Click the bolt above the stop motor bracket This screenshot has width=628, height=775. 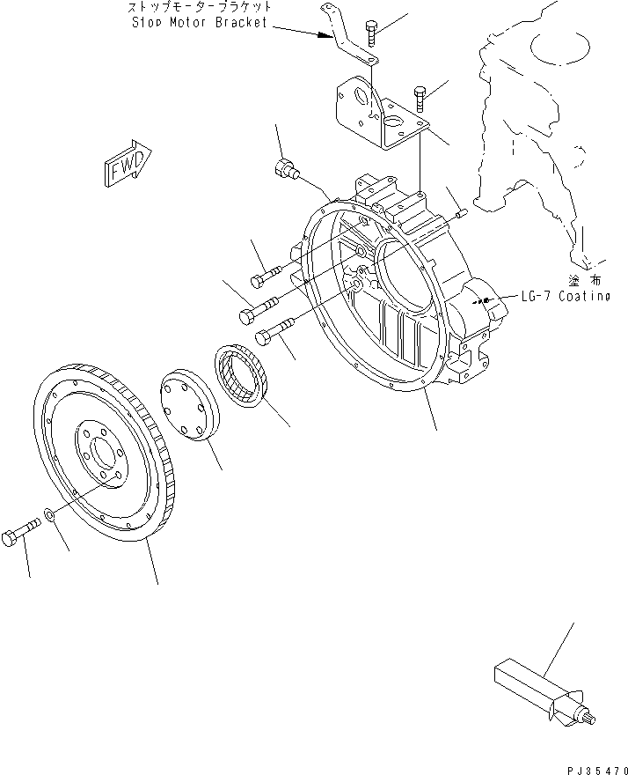pos(373,33)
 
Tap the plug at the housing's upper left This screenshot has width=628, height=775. pos(285,169)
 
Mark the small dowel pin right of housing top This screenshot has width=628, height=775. pos(460,212)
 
